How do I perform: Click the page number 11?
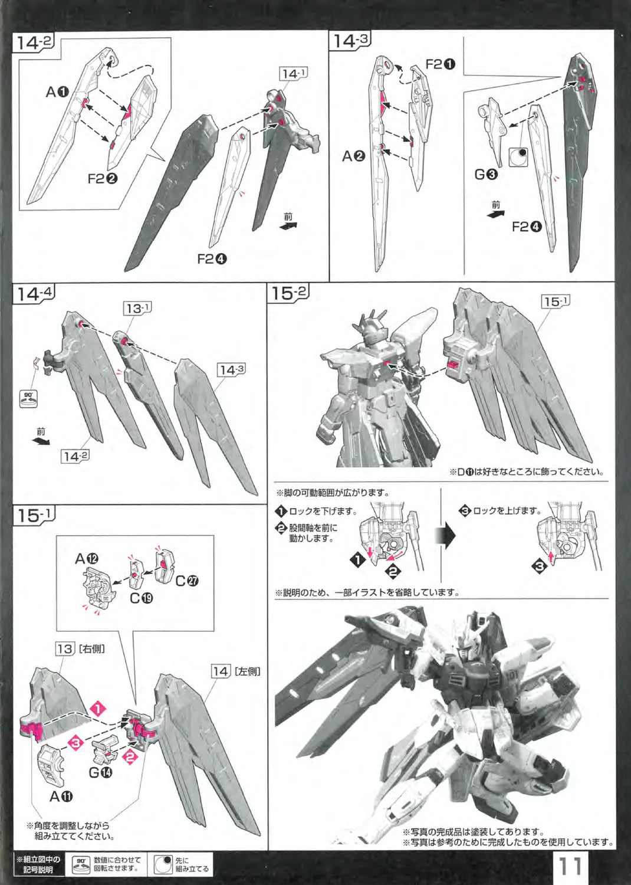571,866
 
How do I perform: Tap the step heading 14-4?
34,293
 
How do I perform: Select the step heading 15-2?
289,293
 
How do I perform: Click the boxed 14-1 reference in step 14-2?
293,74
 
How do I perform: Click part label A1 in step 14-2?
58,92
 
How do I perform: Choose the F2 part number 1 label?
441,64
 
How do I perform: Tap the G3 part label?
486,175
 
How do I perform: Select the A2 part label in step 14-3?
354,156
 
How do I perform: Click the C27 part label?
187,581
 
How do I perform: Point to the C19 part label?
141,598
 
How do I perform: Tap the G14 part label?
101,772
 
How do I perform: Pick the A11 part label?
61,796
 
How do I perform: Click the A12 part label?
87,558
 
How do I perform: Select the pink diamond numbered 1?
98,709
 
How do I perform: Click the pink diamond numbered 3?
76,743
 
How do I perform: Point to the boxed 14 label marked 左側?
221,671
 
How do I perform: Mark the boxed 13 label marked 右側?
65,648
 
